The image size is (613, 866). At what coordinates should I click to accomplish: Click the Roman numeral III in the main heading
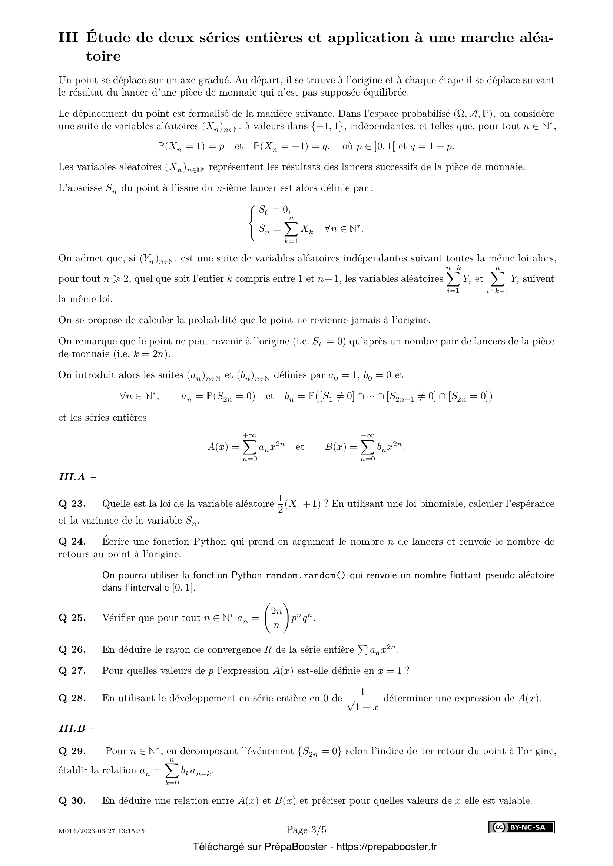(x=68, y=38)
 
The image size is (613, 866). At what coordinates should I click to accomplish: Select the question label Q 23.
(x=72, y=504)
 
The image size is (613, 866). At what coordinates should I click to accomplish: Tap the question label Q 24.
(x=72, y=542)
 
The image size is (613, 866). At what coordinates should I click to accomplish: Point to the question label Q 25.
(x=72, y=618)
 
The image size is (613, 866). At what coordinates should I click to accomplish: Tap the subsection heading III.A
(x=72, y=477)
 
